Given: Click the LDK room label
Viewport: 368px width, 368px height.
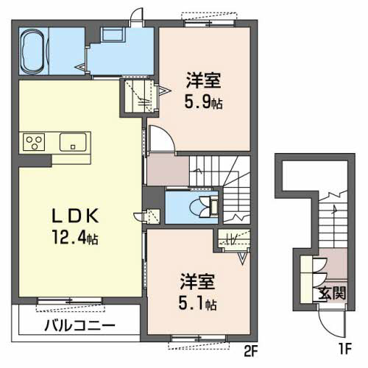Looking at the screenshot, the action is tap(75, 216).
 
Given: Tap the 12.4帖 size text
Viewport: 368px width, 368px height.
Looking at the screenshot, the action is tap(75, 238).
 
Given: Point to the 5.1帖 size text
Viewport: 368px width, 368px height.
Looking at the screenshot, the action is tap(197, 304).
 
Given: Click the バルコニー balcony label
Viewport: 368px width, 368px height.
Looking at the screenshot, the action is tap(79, 326).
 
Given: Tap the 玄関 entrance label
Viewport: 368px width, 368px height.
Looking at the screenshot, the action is tap(333, 293).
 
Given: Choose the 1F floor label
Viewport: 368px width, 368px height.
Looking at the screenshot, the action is tap(345, 349).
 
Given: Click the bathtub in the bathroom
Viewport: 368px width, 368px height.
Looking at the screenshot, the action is tap(32, 51).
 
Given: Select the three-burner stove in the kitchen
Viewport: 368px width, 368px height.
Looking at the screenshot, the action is tap(34, 142).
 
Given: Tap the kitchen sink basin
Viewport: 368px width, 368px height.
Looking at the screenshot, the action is tap(73, 142).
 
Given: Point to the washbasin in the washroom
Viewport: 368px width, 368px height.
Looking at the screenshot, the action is tap(113, 35).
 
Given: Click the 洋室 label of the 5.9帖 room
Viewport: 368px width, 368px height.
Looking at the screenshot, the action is tap(204, 80).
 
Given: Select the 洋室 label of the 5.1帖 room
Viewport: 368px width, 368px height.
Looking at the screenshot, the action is tap(197, 282).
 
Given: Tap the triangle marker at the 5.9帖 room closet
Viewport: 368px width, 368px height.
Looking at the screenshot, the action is tap(164, 91).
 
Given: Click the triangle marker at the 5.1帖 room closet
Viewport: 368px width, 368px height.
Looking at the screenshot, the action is tap(243, 258).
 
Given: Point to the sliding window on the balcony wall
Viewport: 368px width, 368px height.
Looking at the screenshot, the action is tap(70, 300).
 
